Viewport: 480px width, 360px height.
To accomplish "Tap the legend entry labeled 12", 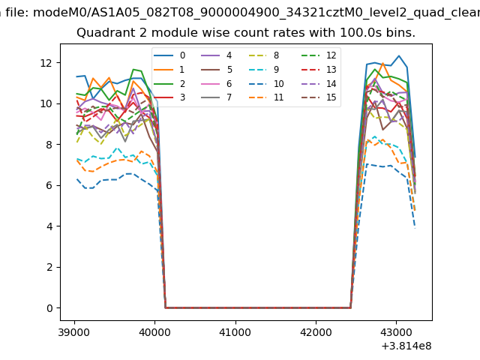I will coord(322,55).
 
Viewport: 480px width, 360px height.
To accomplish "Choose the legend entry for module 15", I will coord(322,97).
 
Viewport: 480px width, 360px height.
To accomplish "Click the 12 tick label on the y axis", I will coord(47,62).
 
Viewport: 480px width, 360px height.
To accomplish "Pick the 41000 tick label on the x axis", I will coord(235,331).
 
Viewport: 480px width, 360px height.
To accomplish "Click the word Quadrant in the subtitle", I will coord(103,33).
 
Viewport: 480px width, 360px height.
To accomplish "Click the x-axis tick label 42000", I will coord(315,331).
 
